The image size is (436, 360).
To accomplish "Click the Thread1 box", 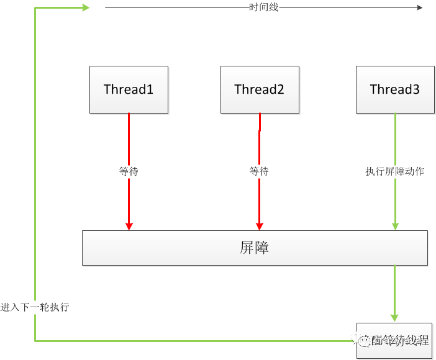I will pos(129,89).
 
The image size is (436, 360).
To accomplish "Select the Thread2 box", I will pos(259,89).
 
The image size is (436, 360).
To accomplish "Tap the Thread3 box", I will pos(395,89).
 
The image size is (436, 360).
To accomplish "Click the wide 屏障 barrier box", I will pos(255,248).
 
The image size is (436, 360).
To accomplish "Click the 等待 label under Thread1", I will pos(129,171).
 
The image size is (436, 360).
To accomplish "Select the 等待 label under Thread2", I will pos(259,171).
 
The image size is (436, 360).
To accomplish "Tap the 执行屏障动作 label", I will pos(395,171).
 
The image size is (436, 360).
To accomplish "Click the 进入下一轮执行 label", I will pos(35,307).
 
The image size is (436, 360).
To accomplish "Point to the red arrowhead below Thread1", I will pos(129,225).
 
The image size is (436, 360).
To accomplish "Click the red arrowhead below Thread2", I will pos(259,225).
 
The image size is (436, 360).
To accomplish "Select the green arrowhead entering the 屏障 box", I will pos(395,225).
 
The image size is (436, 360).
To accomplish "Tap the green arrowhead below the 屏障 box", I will pos(395,317).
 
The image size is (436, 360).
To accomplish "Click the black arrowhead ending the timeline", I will pos(419,7).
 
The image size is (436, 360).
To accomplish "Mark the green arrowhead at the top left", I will pos(86,7).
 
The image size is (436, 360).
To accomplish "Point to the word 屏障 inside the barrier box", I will pos(254,248).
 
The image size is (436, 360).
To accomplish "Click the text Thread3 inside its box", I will pos(395,89).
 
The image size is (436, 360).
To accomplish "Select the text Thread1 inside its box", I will pos(129,89).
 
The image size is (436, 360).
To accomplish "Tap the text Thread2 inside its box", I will pos(259,89).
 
